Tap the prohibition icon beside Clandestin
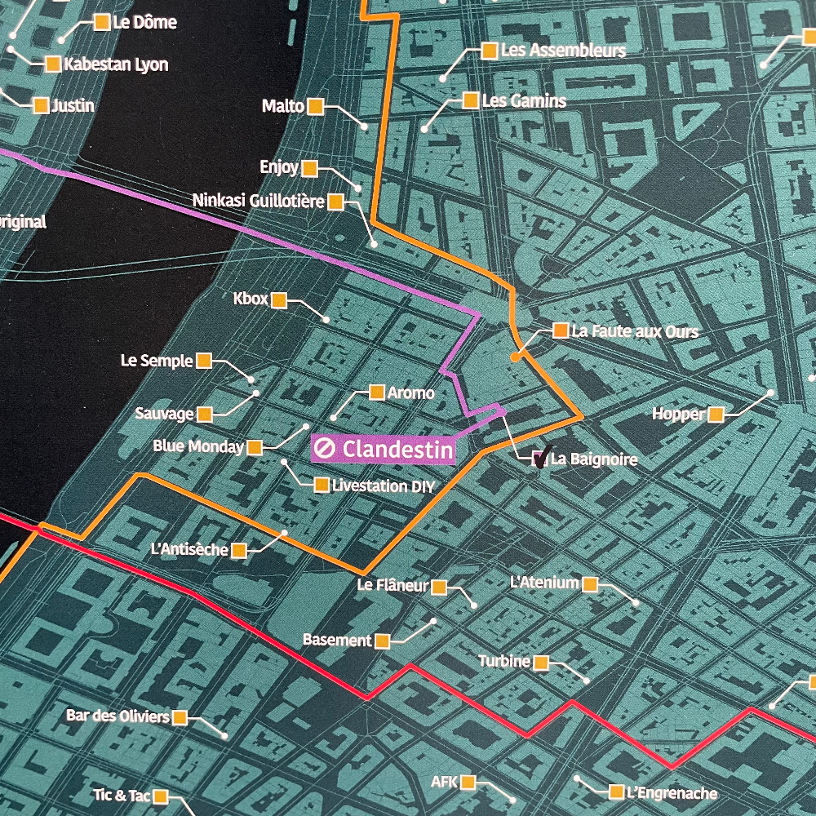pyautogui.click(x=326, y=448)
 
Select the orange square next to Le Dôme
pyautogui.click(x=102, y=23)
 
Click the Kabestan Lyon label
pyautogui.click(x=116, y=64)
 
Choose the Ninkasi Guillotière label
pyautogui.click(x=258, y=201)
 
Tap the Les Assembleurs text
pyautogui.click(x=563, y=51)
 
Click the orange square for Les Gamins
pyautogui.click(x=470, y=100)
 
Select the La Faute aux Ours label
pyautogui.click(x=635, y=331)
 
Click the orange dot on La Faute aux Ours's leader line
pyautogui.click(x=515, y=357)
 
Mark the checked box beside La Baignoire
pyautogui.click(x=539, y=459)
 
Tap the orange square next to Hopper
pyautogui.click(x=716, y=415)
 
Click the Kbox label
pyautogui.click(x=251, y=299)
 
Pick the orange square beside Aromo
pyautogui.click(x=377, y=392)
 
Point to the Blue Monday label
pyautogui.click(x=198, y=446)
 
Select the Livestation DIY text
pyautogui.click(x=384, y=486)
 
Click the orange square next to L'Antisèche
pyautogui.click(x=239, y=551)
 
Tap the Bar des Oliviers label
pyautogui.click(x=118, y=716)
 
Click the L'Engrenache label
pyautogui.click(x=672, y=792)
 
